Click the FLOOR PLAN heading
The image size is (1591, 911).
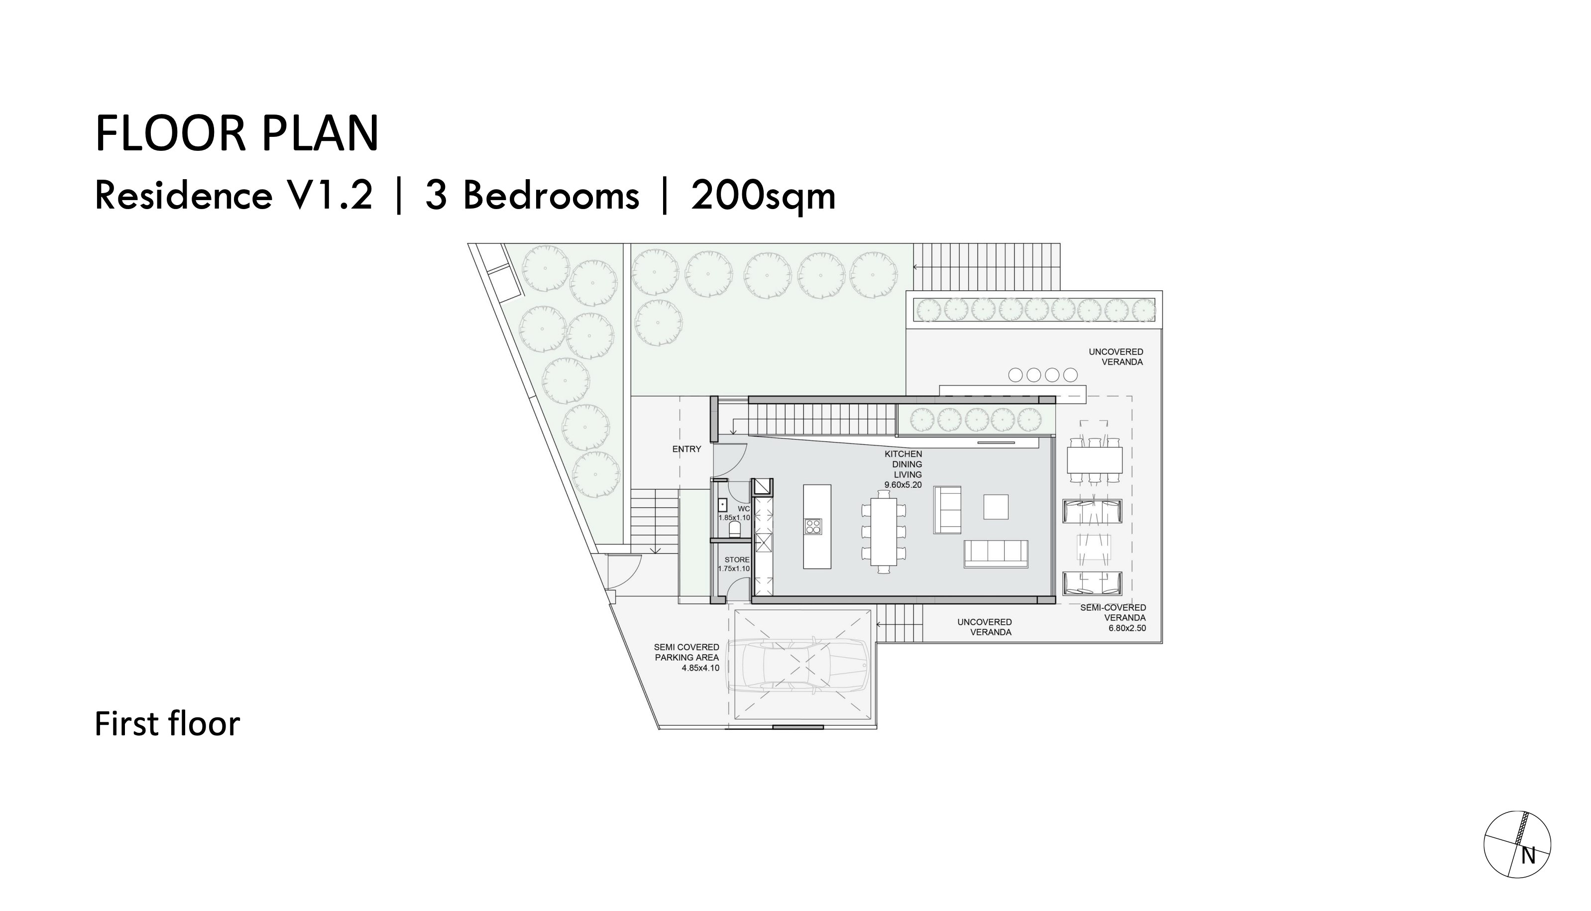pyautogui.click(x=236, y=133)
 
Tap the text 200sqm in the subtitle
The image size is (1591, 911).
pyautogui.click(x=763, y=196)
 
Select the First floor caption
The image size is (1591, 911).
pyautogui.click(x=167, y=724)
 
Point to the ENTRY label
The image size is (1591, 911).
pyautogui.click(x=686, y=449)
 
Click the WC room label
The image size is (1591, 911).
pyautogui.click(x=743, y=509)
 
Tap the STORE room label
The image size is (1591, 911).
pyautogui.click(x=736, y=560)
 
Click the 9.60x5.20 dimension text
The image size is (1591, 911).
pyautogui.click(x=903, y=485)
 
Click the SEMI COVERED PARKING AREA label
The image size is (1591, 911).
pyautogui.click(x=686, y=652)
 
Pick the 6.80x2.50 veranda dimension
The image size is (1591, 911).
pyautogui.click(x=1127, y=628)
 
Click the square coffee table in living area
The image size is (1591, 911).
pyautogui.click(x=996, y=507)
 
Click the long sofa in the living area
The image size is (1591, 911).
pyautogui.click(x=996, y=553)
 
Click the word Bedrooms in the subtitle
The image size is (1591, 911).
pyautogui.click(x=551, y=196)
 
